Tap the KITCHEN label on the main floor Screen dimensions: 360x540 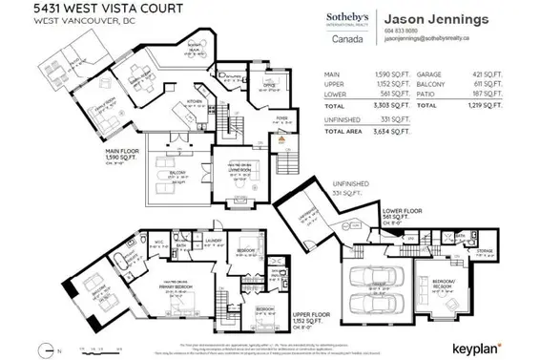195,101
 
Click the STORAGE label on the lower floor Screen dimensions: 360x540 486,251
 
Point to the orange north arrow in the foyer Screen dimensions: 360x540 282,139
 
